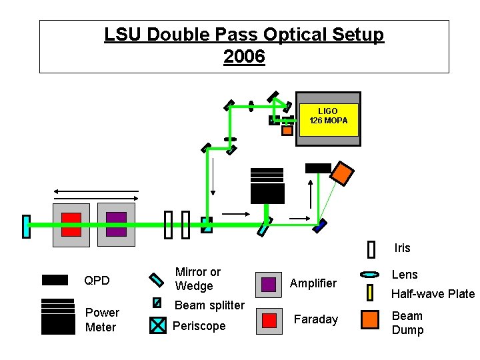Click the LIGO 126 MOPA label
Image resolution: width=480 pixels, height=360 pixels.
click(x=327, y=116)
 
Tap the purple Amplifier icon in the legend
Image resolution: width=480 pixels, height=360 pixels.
click(x=268, y=284)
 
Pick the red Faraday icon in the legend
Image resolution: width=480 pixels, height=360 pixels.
click(x=268, y=320)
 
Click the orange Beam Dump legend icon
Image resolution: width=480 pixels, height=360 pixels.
click(x=369, y=320)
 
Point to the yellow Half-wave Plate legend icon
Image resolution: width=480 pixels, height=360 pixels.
click(x=370, y=292)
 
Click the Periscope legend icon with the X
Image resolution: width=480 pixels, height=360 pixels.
click(x=157, y=325)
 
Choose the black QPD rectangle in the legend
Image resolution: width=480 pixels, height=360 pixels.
click(x=55, y=280)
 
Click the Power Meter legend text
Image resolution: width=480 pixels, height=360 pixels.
click(x=102, y=320)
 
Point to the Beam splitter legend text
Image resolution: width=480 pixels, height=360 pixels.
click(x=209, y=305)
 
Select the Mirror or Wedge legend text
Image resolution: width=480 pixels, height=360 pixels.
click(x=197, y=279)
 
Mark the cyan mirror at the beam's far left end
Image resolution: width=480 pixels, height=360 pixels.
click(x=27, y=226)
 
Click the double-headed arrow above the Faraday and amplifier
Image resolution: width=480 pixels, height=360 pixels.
click(x=96, y=191)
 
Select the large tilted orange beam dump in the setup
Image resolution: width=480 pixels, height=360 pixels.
click(x=341, y=173)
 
